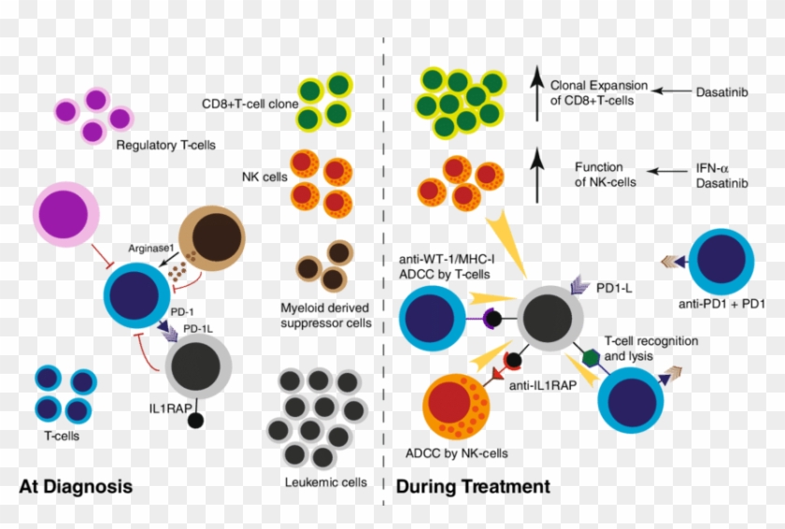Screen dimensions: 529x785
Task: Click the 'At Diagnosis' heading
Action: pos(76,487)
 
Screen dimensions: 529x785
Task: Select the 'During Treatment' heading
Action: pos(473,487)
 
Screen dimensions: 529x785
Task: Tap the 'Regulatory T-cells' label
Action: pos(164,146)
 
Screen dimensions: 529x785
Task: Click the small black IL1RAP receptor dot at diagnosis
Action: pos(195,420)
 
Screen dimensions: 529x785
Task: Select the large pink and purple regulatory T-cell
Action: pos(65,214)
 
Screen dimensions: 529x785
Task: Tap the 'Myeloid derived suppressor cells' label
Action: pos(326,316)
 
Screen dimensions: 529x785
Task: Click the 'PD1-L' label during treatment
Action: pos(616,291)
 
